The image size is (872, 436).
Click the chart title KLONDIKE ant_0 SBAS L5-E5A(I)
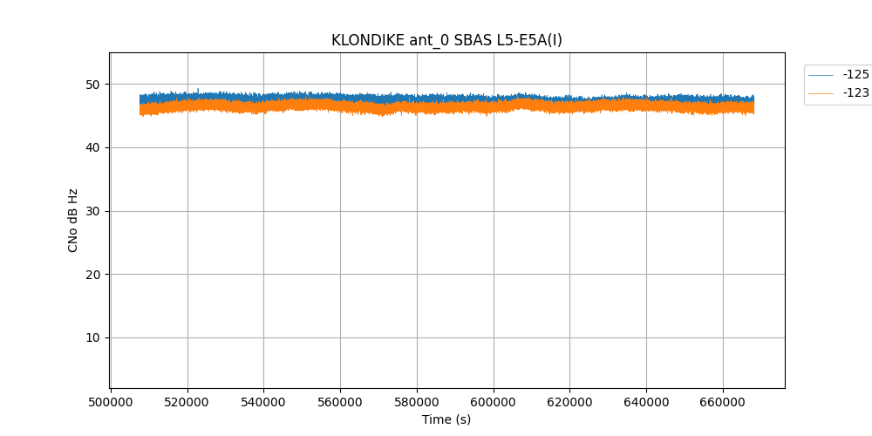(x=446, y=40)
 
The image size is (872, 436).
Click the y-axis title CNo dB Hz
(x=73, y=221)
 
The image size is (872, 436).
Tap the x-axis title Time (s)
(x=446, y=419)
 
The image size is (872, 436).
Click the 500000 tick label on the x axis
(x=111, y=402)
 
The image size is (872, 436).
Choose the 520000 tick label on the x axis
(x=187, y=402)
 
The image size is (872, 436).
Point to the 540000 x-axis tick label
(x=263, y=402)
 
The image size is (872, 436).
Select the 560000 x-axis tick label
(x=340, y=402)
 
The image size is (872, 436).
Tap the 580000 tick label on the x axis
(x=417, y=402)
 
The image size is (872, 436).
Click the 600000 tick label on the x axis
(x=494, y=402)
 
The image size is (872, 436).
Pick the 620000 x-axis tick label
(x=569, y=402)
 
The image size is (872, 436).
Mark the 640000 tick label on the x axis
(x=646, y=402)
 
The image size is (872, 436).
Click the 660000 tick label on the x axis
(x=723, y=402)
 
